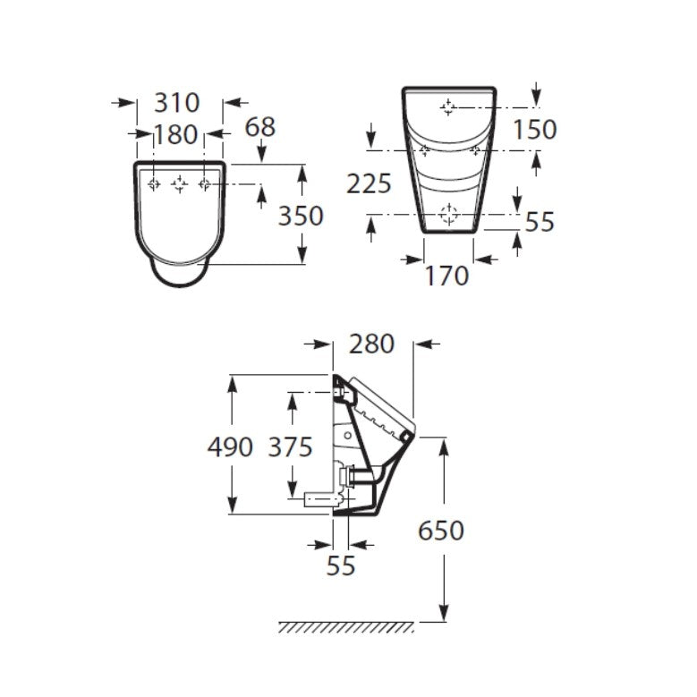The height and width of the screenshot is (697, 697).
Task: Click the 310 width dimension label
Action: pos(176,103)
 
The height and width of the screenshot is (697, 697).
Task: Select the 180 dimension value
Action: pos(175,134)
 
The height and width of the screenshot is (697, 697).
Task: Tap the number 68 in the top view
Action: pos(260,127)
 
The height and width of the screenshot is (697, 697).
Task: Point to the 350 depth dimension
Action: pos(301,216)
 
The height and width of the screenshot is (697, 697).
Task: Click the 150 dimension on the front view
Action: pos(535,130)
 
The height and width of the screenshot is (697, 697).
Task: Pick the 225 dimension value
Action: pos(369,183)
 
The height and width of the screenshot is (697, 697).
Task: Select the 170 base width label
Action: pos(446,276)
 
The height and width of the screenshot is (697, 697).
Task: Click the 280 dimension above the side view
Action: pos(371,344)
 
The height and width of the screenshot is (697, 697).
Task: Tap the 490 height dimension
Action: pos(230,446)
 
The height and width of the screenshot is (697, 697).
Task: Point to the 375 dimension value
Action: pos(290,446)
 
